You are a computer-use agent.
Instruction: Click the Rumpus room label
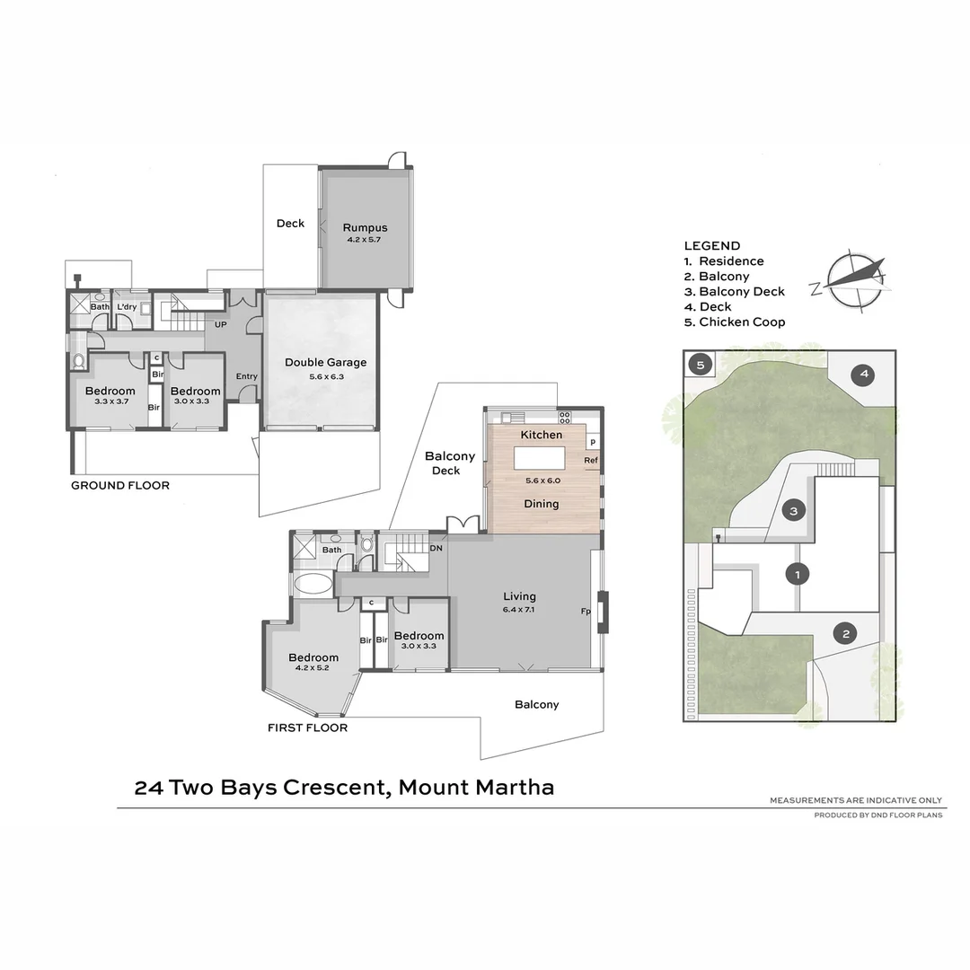pos(365,228)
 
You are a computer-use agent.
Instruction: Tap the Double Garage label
pos(325,363)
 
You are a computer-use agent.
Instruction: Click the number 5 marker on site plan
pos(701,366)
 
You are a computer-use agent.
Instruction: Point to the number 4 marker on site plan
pos(862,374)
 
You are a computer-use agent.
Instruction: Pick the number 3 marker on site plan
pos(793,511)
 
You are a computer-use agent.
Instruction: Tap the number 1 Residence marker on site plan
pos(794,573)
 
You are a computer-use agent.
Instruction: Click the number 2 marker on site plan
pos(845,634)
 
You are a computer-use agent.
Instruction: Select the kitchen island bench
pos(539,458)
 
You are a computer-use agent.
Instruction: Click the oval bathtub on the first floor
pos(313,585)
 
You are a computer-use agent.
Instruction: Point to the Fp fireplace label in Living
pos(586,612)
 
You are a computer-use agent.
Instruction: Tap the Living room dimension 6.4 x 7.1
pos(519,610)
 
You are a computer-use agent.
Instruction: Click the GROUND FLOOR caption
pos(120,486)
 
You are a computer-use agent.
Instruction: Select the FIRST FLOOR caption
pos(307,727)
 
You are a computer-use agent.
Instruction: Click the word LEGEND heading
pos(711,246)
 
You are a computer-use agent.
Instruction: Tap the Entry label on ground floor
pos(247,376)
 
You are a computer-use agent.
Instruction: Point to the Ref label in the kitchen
pos(590,461)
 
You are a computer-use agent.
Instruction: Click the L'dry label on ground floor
pos(127,307)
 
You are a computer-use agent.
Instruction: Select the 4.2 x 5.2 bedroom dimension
pos(313,668)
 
